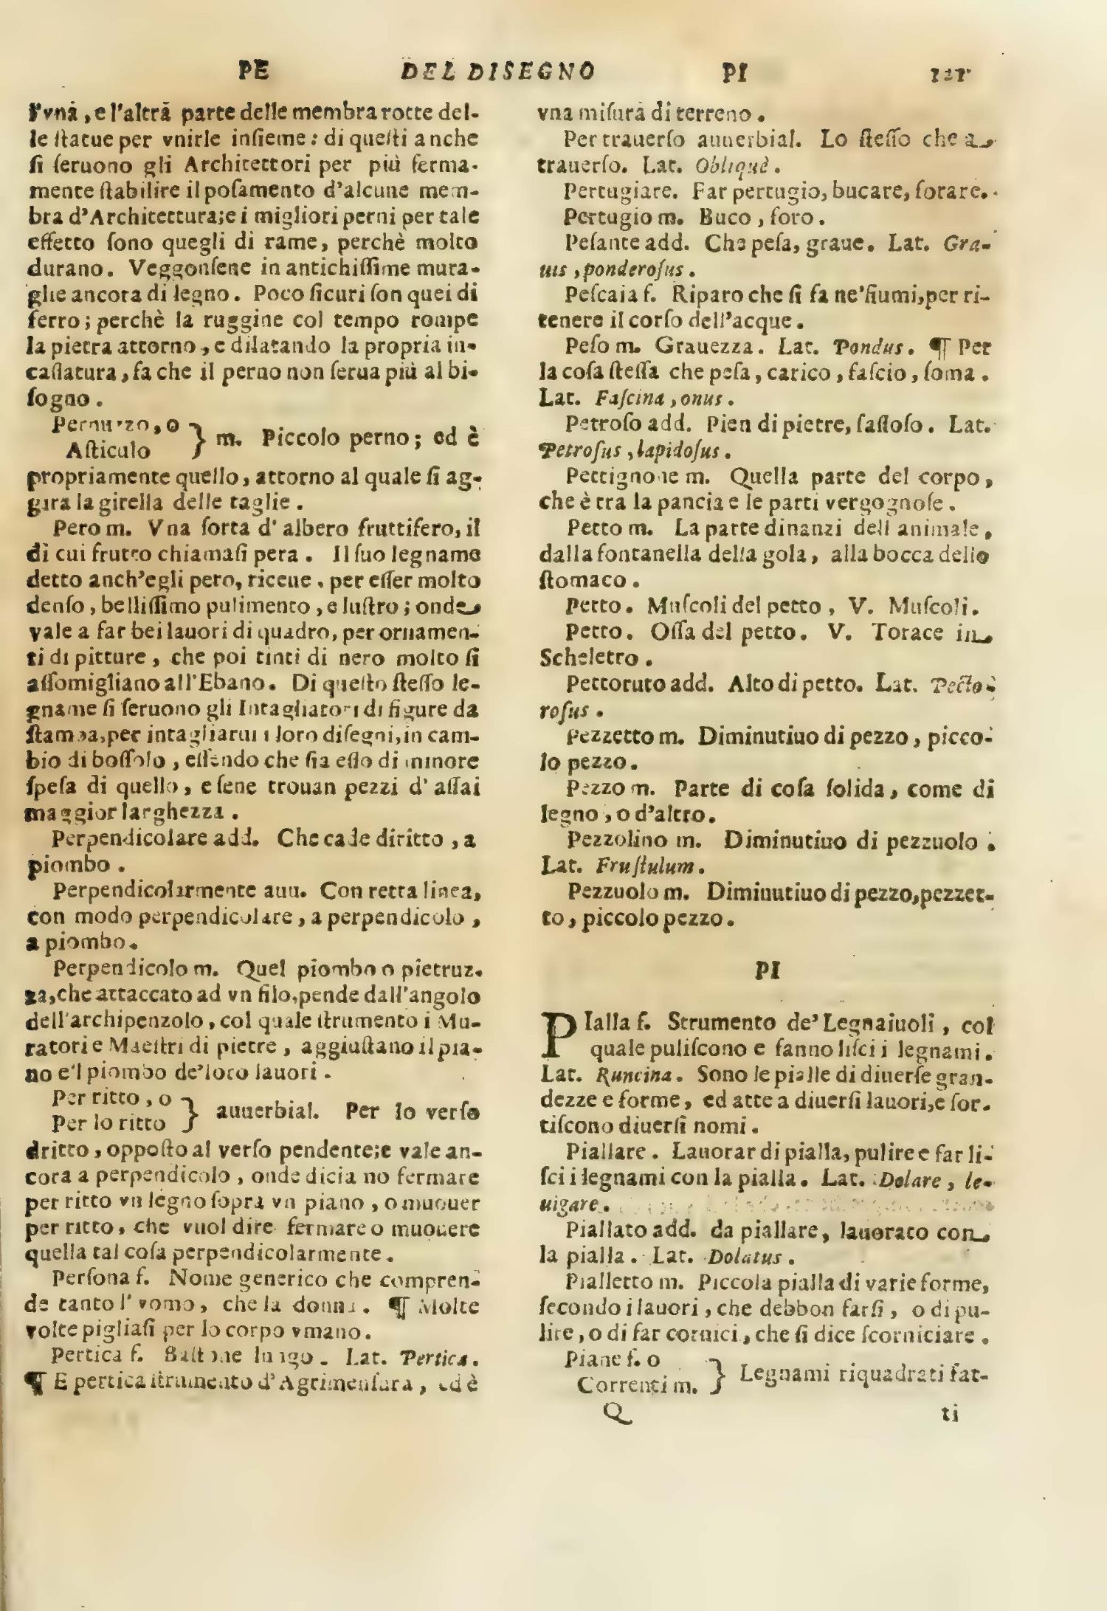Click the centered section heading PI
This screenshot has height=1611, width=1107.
pyautogui.click(x=768, y=970)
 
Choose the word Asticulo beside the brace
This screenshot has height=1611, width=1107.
pyautogui.click(x=108, y=449)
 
